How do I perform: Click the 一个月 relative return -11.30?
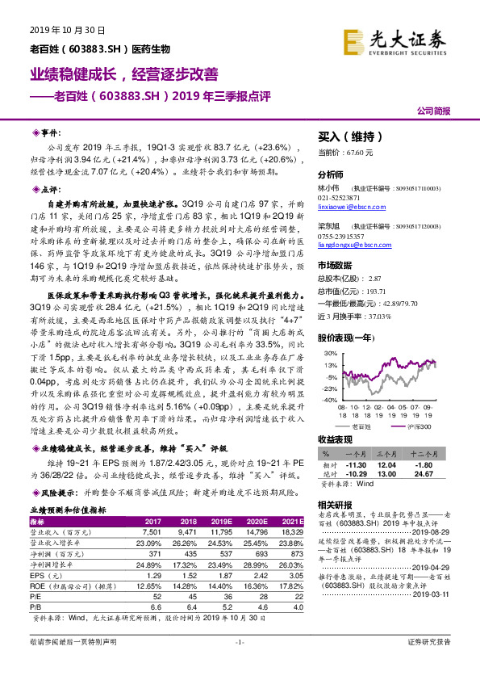point(356,465)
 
